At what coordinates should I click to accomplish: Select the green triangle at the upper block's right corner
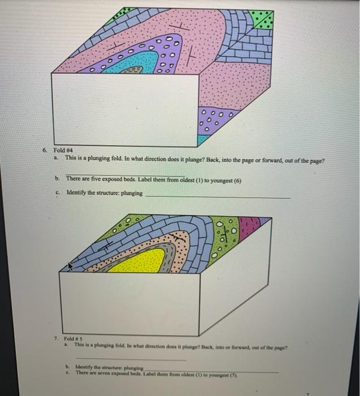(263, 20)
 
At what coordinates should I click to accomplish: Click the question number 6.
(44, 151)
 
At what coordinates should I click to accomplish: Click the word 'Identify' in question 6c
(78, 192)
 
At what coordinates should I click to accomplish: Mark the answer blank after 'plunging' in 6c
(218, 195)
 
